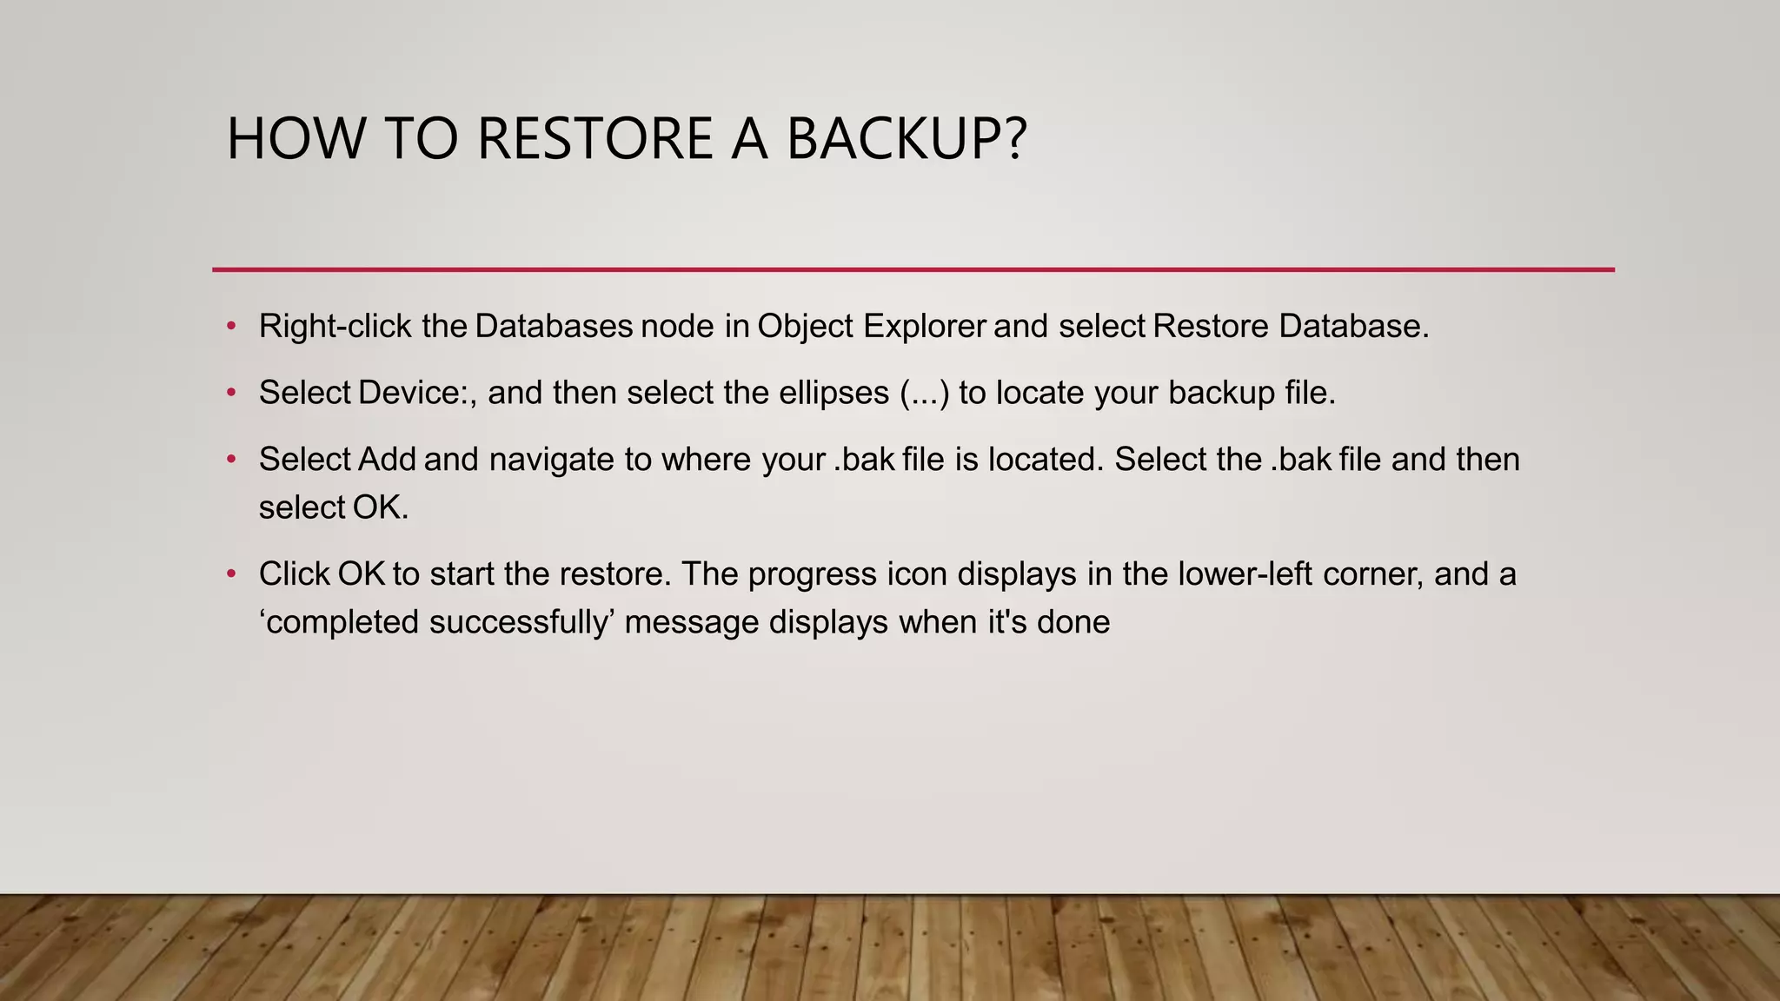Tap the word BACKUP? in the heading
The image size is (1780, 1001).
(906, 139)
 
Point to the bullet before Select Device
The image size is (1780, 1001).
(231, 393)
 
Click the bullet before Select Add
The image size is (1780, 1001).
(231, 459)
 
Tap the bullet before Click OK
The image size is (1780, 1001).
(231, 573)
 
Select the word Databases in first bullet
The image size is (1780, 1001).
(554, 327)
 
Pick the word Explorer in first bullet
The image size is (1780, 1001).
(925, 327)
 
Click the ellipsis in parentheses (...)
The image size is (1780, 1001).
(925, 394)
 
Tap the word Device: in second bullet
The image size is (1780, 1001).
(416, 393)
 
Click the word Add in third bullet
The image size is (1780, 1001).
(387, 460)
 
